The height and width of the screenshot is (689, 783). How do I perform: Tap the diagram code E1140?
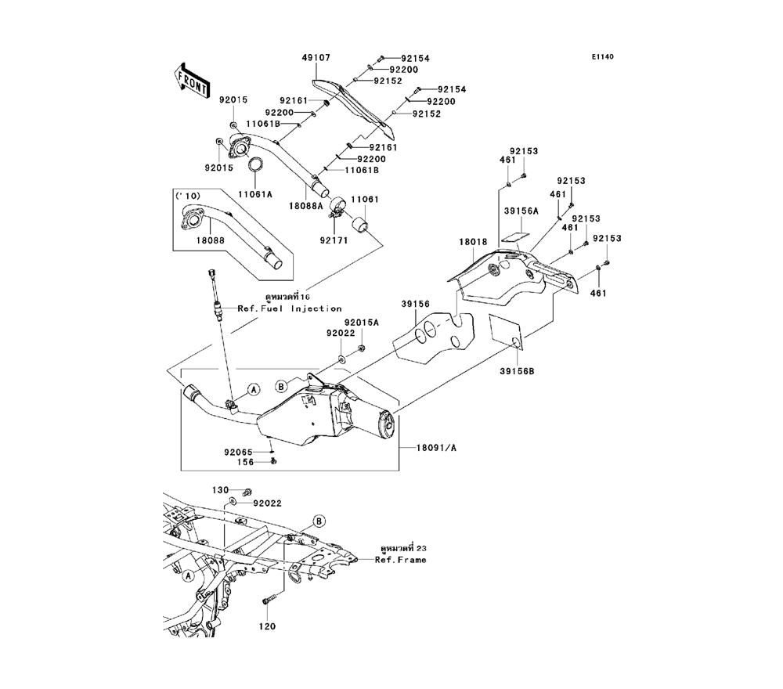(603, 56)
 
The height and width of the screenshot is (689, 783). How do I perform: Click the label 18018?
(473, 243)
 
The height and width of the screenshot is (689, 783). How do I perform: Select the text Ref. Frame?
(400, 560)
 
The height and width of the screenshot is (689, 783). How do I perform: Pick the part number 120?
(269, 627)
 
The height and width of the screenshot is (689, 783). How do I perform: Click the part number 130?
(221, 489)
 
